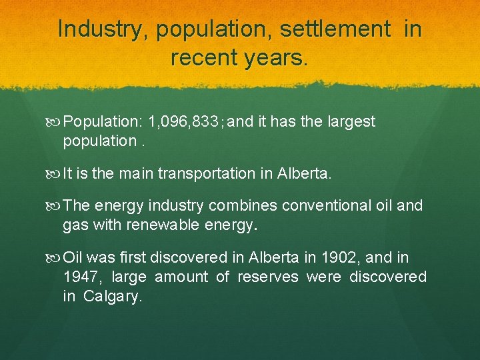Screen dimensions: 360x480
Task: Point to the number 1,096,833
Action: click(x=185, y=122)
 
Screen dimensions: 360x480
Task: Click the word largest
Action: click(x=351, y=122)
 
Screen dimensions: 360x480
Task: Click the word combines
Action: click(x=246, y=205)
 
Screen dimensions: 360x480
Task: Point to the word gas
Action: click(x=74, y=226)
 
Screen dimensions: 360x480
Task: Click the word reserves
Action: click(x=268, y=277)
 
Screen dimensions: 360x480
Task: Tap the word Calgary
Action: click(x=113, y=297)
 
